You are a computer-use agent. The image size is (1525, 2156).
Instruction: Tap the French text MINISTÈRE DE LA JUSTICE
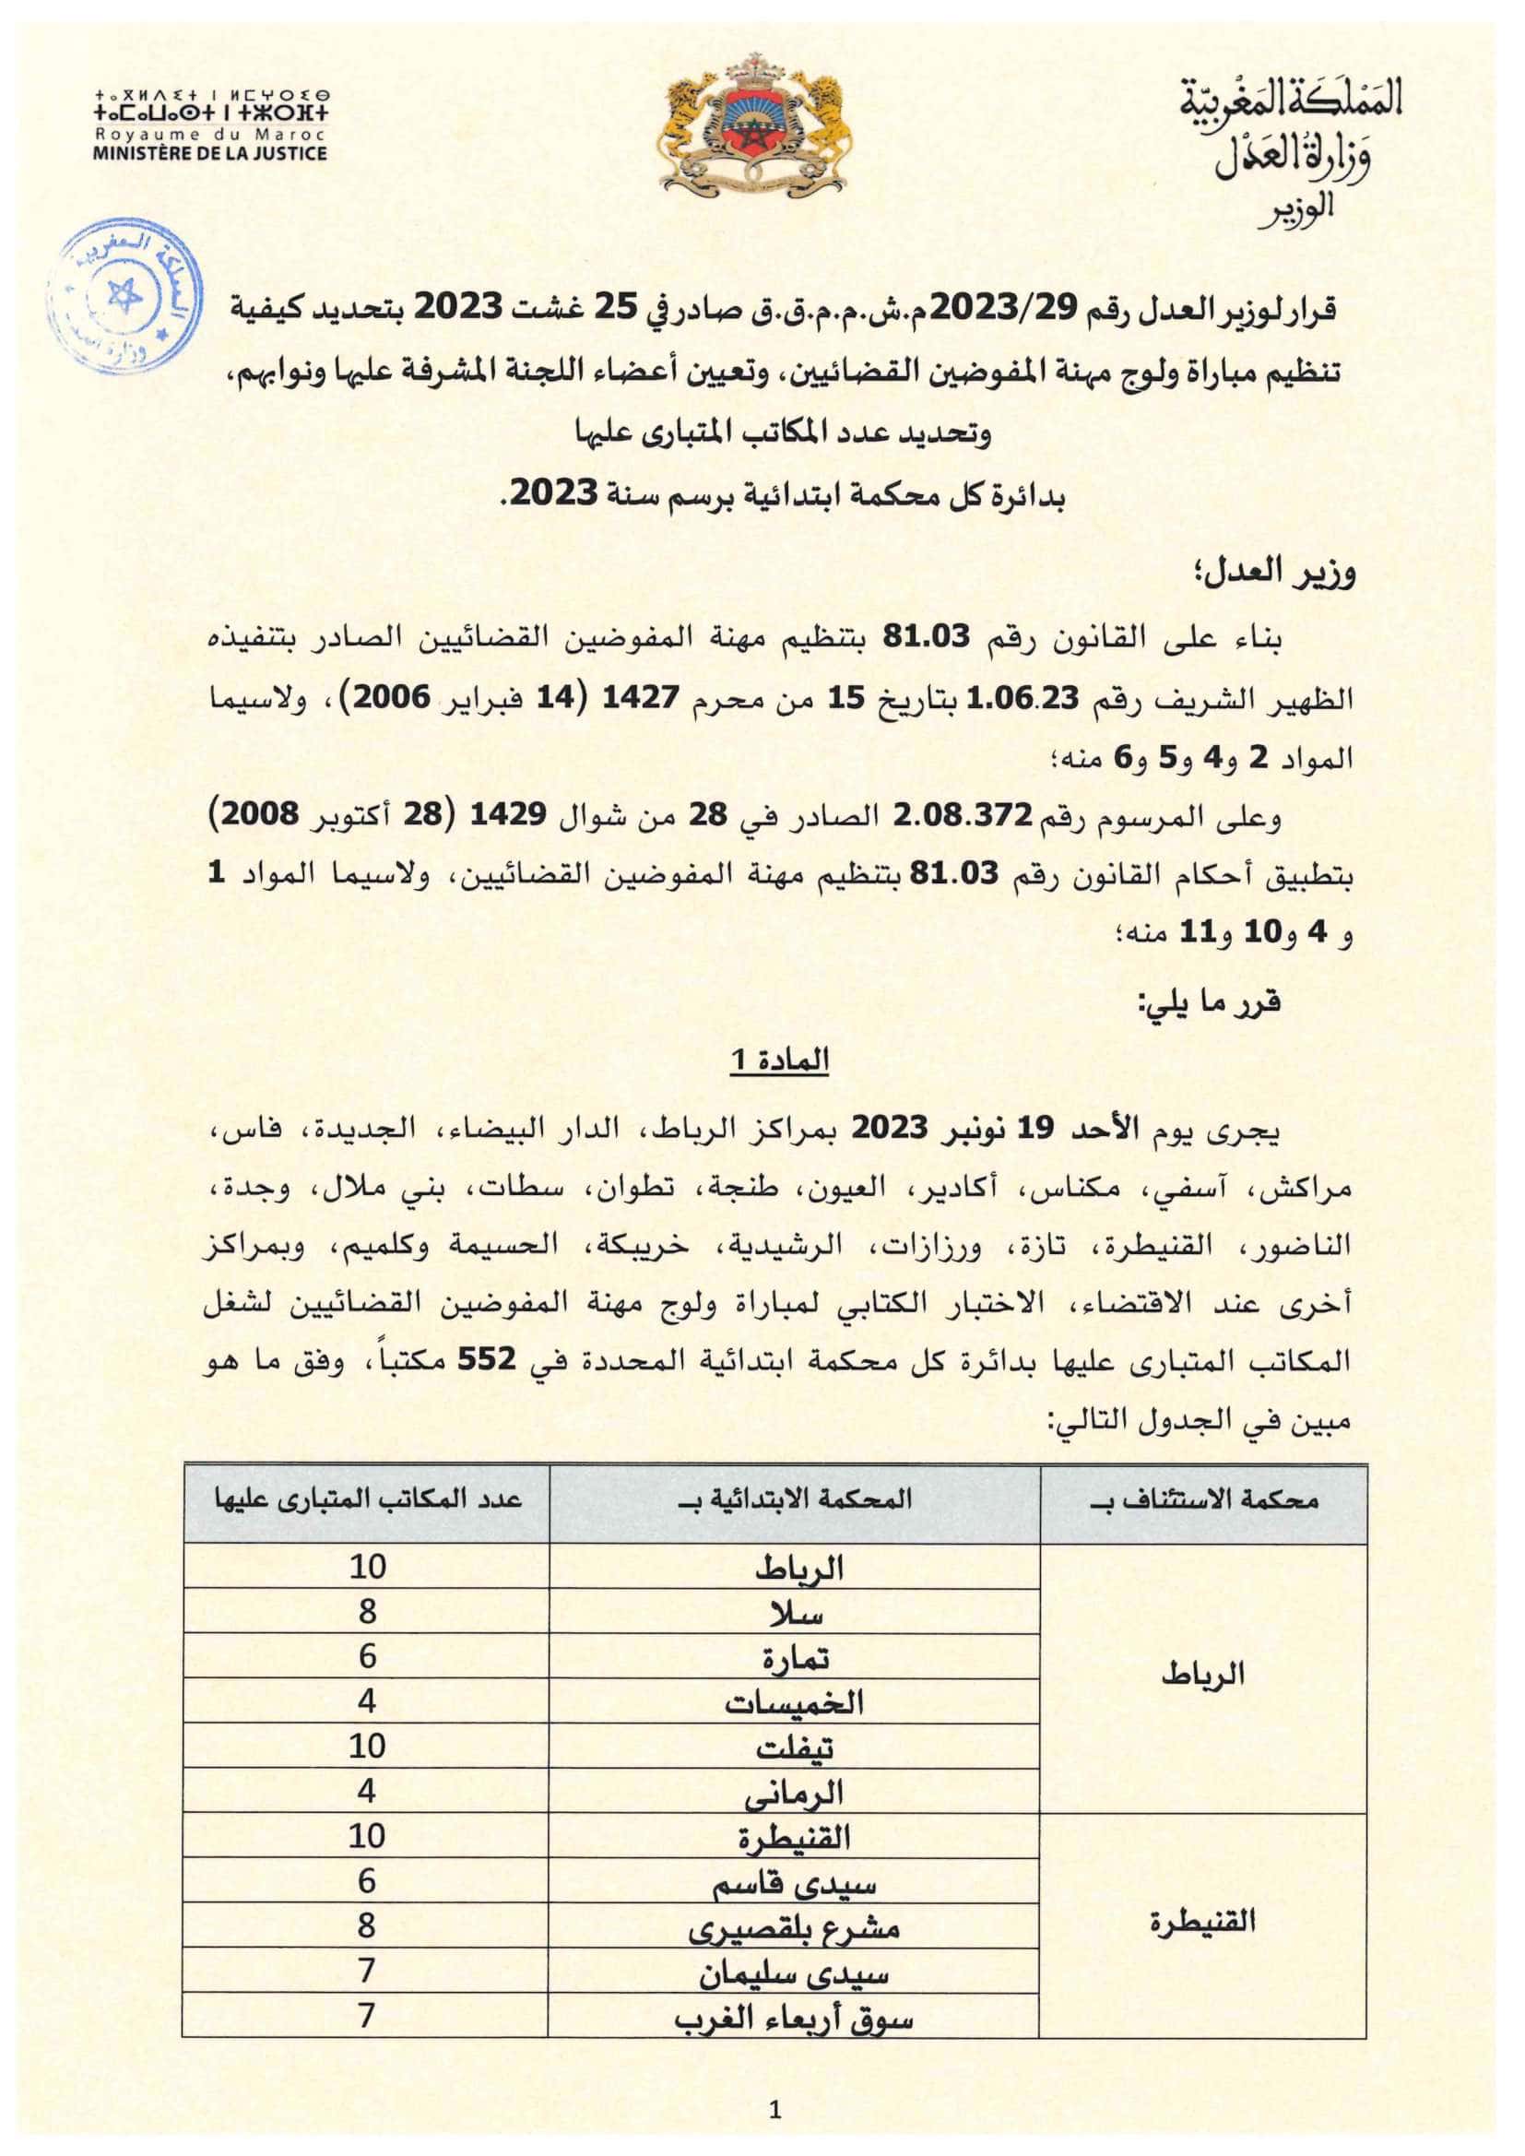point(209,153)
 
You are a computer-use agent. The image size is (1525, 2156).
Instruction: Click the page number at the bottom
point(774,2108)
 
